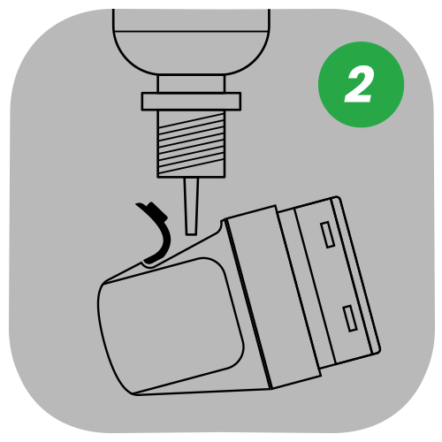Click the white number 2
point(360,86)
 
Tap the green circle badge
point(362,85)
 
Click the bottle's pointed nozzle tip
point(191,232)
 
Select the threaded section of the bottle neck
point(191,144)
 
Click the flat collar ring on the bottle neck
point(191,102)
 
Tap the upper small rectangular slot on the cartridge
point(327,235)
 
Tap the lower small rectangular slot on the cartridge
point(350,318)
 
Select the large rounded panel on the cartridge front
point(171,325)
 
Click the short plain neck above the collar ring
point(191,84)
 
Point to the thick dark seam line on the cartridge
point(248,304)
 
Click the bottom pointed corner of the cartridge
point(134,393)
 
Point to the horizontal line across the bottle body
point(191,31)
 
